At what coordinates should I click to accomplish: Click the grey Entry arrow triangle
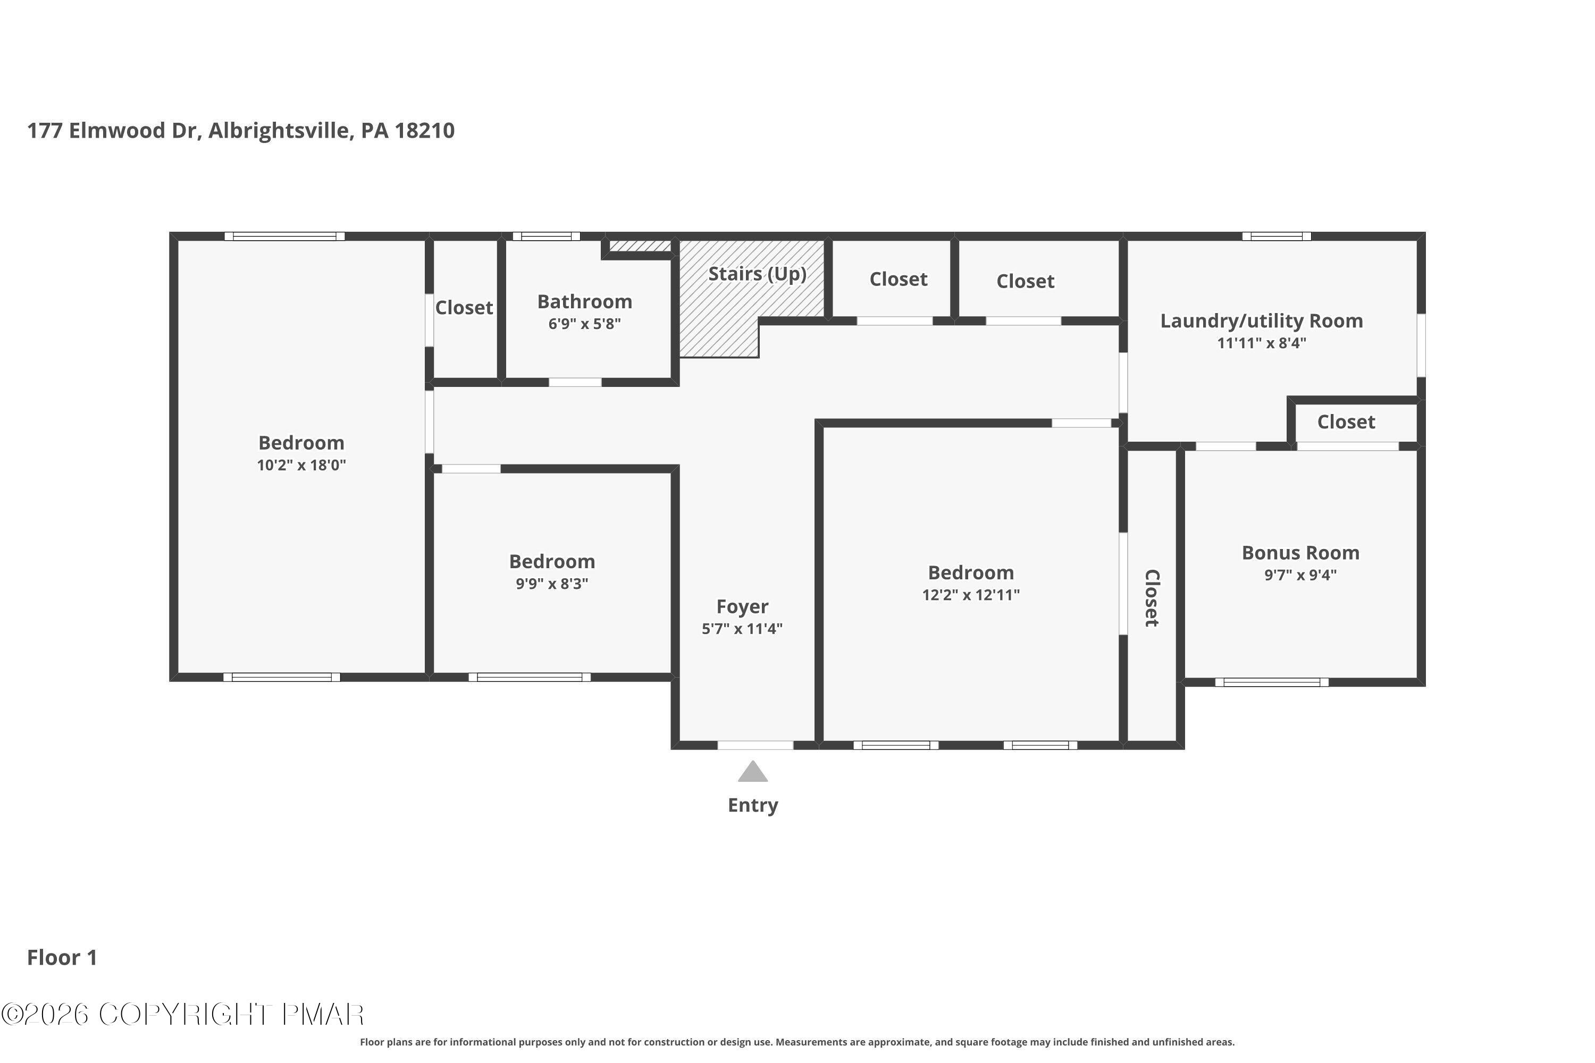[x=753, y=772]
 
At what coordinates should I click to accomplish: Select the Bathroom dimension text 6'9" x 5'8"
[x=584, y=324]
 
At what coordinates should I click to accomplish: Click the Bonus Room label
[x=1300, y=553]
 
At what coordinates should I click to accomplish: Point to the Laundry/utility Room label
[x=1261, y=322]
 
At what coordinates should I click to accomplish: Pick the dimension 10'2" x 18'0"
[x=301, y=465]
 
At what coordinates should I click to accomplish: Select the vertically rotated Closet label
[x=1152, y=598]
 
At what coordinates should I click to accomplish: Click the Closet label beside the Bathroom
[x=464, y=308]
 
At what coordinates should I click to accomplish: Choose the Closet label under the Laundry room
[x=1346, y=423]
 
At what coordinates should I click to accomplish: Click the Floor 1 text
[x=62, y=957]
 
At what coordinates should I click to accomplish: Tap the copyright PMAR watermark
[x=183, y=1015]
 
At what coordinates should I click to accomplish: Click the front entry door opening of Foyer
[x=755, y=745]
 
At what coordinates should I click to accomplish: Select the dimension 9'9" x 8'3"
[x=551, y=584]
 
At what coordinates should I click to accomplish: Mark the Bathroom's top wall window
[x=546, y=237]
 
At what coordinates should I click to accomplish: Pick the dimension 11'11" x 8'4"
[x=1261, y=343]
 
